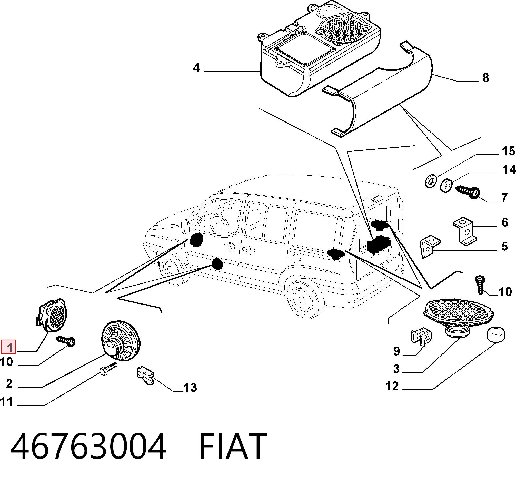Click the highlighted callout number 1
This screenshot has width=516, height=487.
point(8,347)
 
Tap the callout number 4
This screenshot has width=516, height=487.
point(196,68)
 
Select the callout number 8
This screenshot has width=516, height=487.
point(486,78)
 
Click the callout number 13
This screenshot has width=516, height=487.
point(190,388)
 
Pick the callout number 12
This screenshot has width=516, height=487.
point(392,387)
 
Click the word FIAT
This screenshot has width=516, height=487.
point(233,446)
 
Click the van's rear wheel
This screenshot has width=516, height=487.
point(303,300)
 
